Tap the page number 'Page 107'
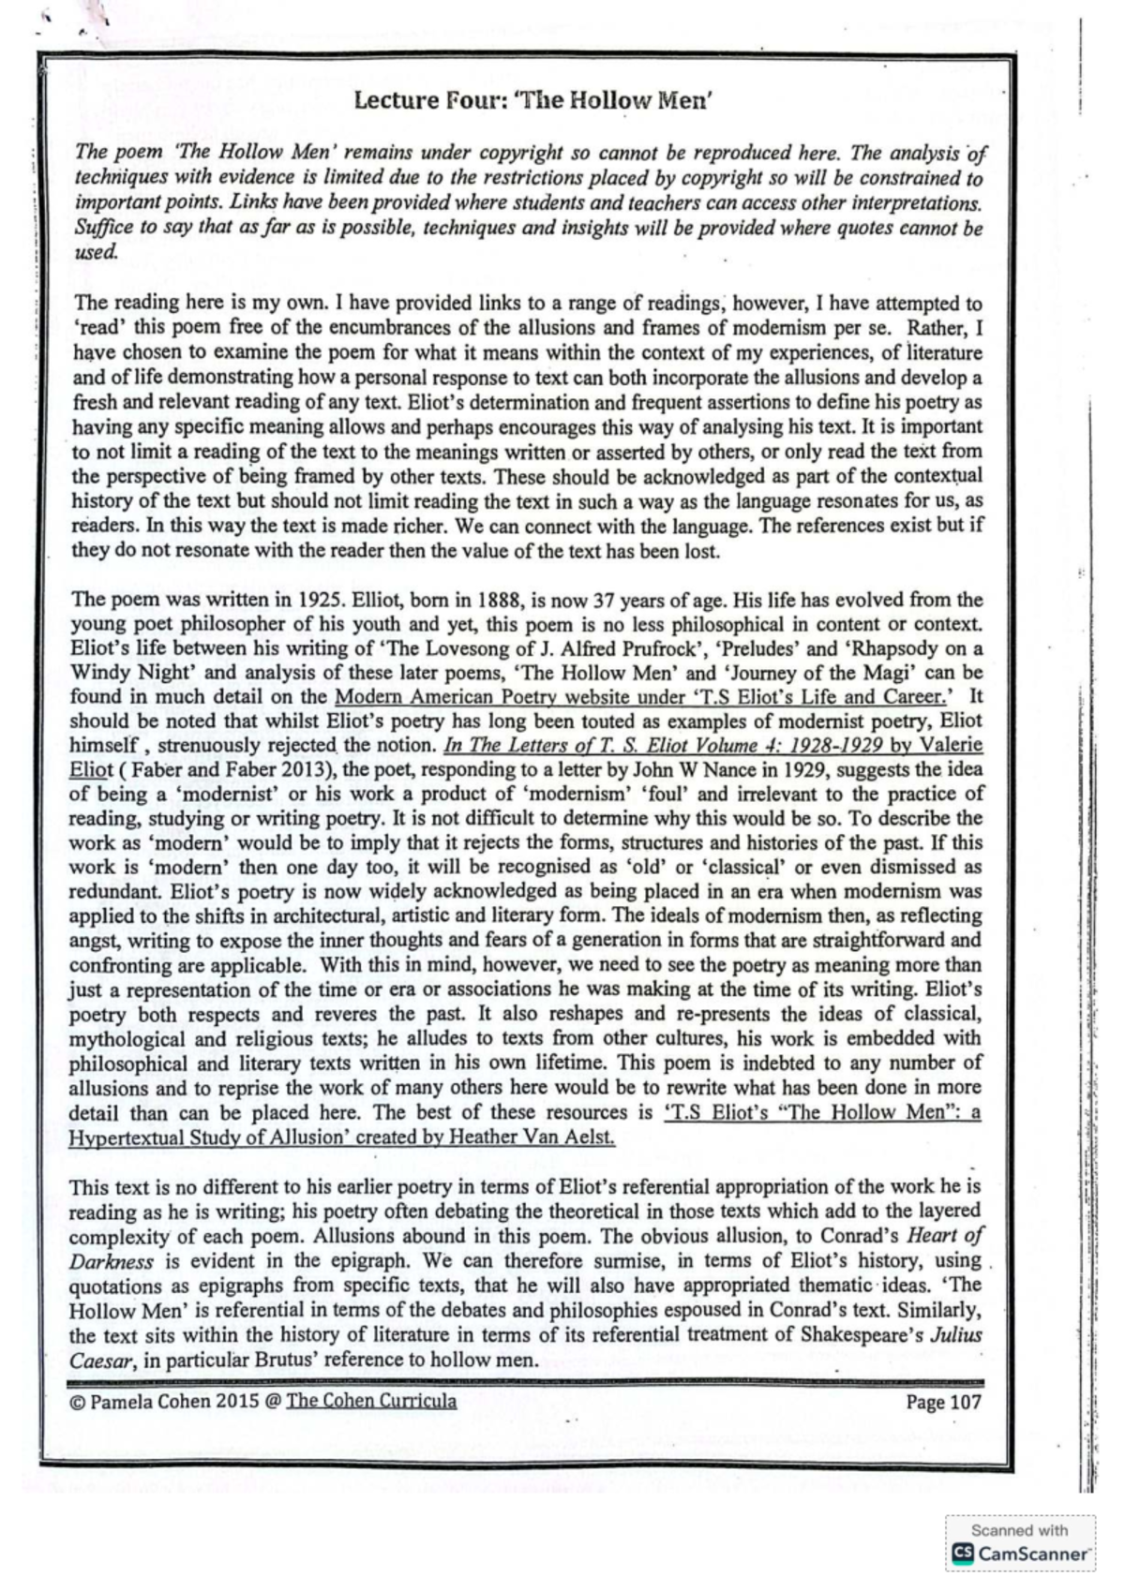pyautogui.click(x=942, y=1402)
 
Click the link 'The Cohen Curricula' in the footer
pyautogui.click(x=371, y=1401)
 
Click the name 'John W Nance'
pyautogui.click(x=683, y=770)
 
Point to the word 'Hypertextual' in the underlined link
pyautogui.click(x=122, y=1137)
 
